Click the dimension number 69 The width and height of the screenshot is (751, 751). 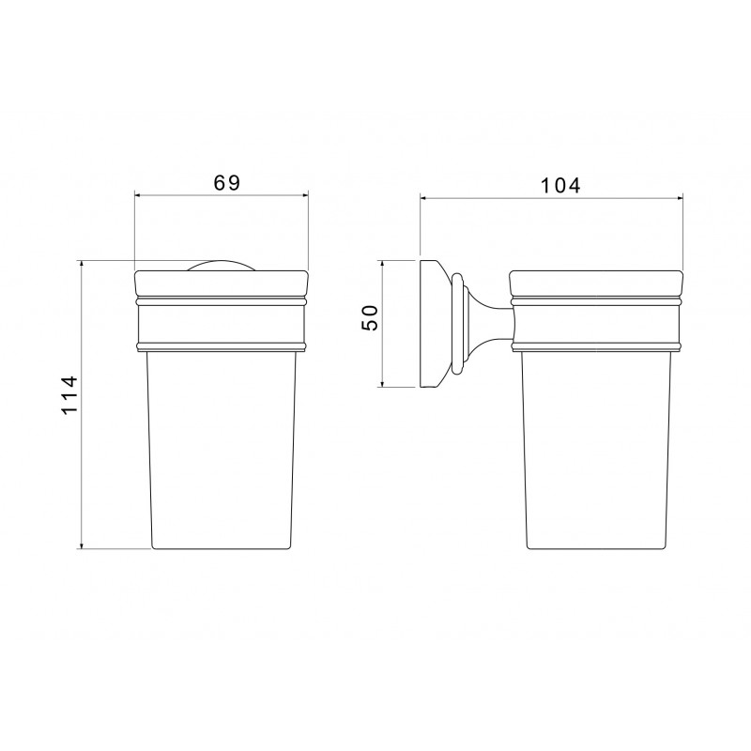coord(226,182)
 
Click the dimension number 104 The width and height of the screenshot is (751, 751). coord(560,185)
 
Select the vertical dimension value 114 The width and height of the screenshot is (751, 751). coord(69,395)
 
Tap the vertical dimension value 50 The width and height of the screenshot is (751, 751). coord(370,317)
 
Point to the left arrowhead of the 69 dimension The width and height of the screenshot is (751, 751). coord(138,195)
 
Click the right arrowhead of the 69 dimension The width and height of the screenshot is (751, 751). coord(304,195)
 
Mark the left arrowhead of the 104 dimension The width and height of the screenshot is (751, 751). coord(424,197)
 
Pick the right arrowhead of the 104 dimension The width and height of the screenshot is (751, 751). coord(678,197)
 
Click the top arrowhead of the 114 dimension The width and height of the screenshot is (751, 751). coord(82,265)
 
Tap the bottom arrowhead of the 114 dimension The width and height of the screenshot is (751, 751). coord(82,544)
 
